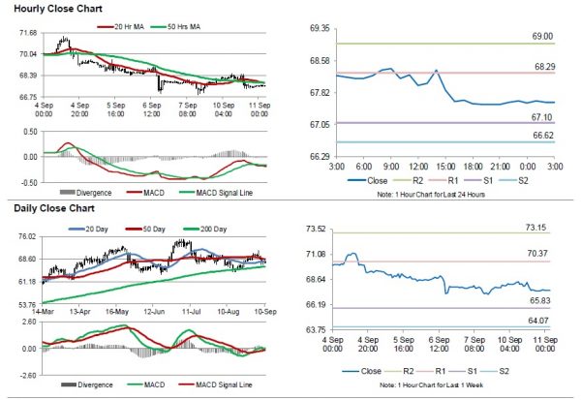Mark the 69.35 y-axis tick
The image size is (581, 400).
(316, 30)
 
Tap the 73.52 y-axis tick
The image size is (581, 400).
(316, 230)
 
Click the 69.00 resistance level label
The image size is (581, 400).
(541, 36)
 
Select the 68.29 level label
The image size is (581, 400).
(541, 66)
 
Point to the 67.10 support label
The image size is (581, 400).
(541, 116)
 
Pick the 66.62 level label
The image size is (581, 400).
(541, 136)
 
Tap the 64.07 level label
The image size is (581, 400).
(540, 321)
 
